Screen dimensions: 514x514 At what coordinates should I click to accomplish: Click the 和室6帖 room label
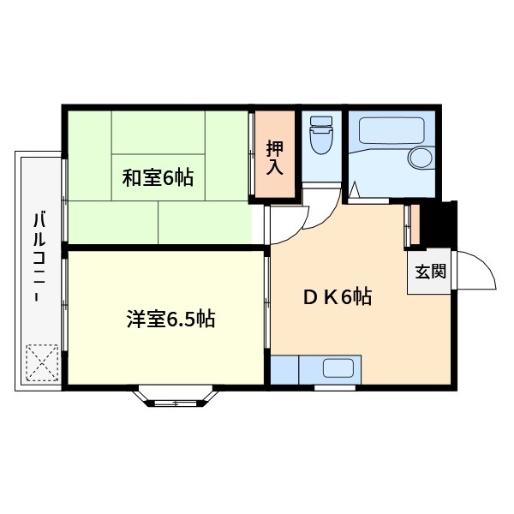point(158,178)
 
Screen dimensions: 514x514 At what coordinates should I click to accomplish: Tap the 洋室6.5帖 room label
point(170,320)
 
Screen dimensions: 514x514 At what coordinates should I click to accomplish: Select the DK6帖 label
point(337,297)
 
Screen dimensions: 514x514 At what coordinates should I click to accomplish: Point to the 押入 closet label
point(274,155)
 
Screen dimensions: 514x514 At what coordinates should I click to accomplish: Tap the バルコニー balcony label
point(39,256)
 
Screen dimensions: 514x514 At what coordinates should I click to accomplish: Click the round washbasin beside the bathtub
point(421,159)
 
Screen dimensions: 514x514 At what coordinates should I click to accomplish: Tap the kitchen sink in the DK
point(338,369)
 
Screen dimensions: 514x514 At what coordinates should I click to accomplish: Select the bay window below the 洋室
point(179,397)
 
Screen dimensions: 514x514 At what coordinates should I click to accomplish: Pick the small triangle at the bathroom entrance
point(355,189)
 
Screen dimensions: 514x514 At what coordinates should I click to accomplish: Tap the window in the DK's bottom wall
point(335,387)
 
